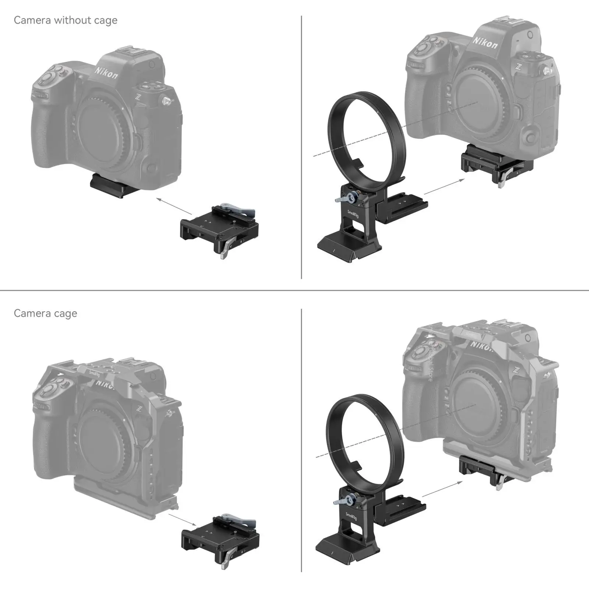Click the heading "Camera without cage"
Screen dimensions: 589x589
[66, 20]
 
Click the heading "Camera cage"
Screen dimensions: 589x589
[45, 313]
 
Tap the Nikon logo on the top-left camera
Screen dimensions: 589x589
[106, 73]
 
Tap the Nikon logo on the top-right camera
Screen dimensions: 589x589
[485, 42]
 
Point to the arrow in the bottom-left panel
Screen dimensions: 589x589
[182, 519]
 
